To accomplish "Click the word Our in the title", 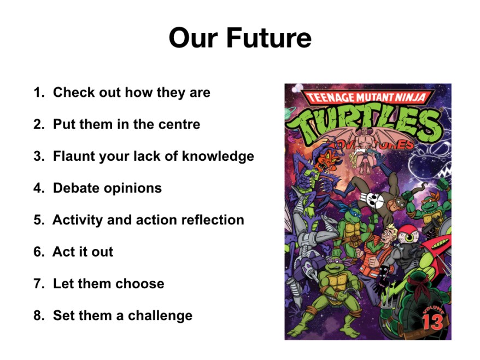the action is click(194, 38).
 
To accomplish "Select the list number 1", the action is click(39, 92).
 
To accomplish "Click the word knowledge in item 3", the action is click(218, 156).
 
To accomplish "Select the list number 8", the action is click(39, 316).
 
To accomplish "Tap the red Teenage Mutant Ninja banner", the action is click(366, 97).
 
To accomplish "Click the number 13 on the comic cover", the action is click(432, 322).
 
